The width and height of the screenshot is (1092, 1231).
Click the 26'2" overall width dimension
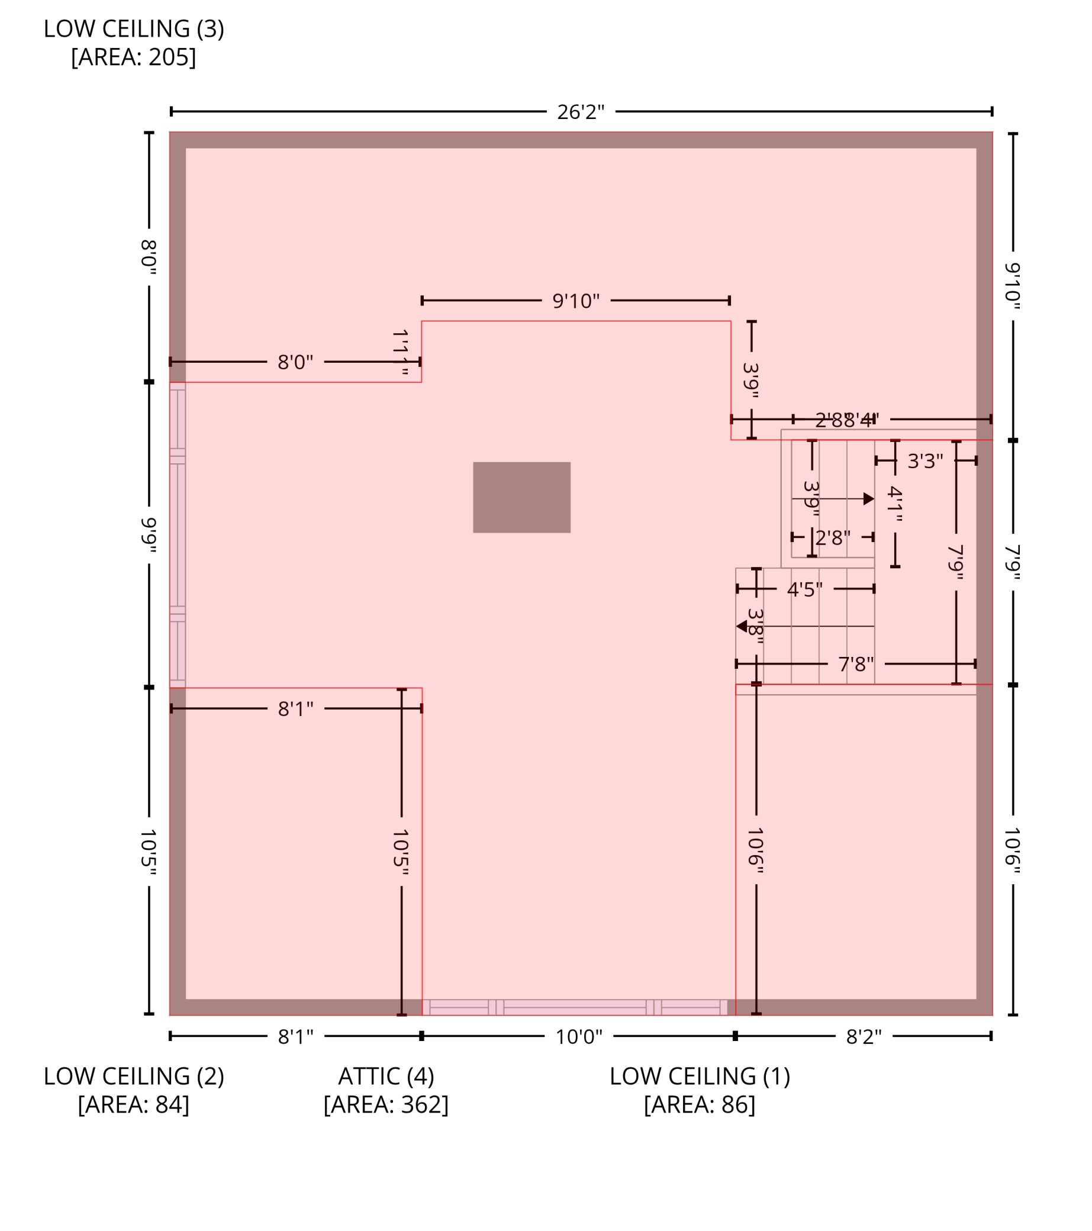(x=580, y=112)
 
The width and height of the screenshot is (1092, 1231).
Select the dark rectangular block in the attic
(x=521, y=498)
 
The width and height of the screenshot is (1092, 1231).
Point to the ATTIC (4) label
(x=386, y=1076)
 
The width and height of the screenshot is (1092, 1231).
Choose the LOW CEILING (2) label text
(x=134, y=1076)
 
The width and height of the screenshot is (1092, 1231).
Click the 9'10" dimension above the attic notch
(x=576, y=301)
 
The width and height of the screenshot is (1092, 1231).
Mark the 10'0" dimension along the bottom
(x=579, y=1037)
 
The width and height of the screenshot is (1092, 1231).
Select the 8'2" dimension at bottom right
(x=864, y=1037)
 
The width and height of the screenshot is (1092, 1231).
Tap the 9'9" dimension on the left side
(x=149, y=535)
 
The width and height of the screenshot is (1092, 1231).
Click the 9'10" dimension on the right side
(x=1013, y=286)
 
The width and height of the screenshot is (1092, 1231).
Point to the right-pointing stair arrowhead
(x=868, y=499)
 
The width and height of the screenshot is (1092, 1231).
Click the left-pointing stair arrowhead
(x=742, y=626)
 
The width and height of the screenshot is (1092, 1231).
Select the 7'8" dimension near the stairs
(x=855, y=664)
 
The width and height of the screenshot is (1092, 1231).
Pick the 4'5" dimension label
(x=805, y=589)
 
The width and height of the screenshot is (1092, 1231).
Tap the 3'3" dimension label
(x=925, y=461)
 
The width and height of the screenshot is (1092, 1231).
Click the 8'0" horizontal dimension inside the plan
(x=295, y=363)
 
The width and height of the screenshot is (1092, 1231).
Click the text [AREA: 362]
(x=386, y=1104)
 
